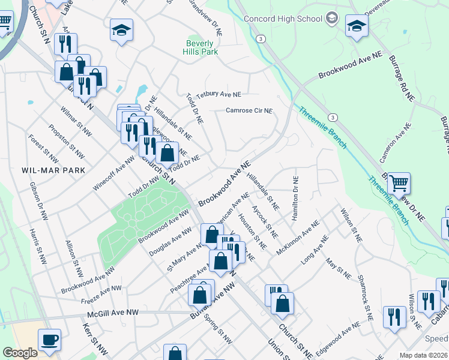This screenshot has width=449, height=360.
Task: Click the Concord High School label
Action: [283, 19]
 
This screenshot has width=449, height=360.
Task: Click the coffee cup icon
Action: [49, 340]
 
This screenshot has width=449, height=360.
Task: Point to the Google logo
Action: [20, 353]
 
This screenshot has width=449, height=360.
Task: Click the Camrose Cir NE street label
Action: [249, 110]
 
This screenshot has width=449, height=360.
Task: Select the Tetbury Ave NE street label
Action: [218, 95]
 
